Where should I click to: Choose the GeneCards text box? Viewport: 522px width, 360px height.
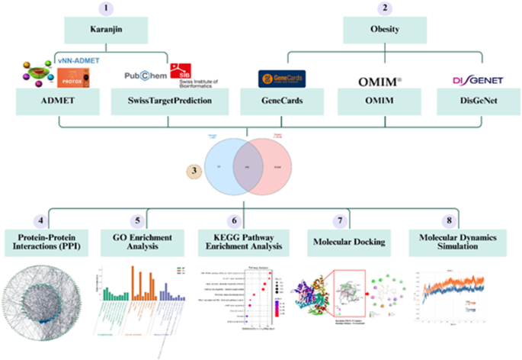pyautogui.click(x=281, y=102)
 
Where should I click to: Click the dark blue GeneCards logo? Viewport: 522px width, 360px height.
pyautogui.click(x=281, y=79)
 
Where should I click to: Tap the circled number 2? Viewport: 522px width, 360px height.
pyautogui.click(x=386, y=8)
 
